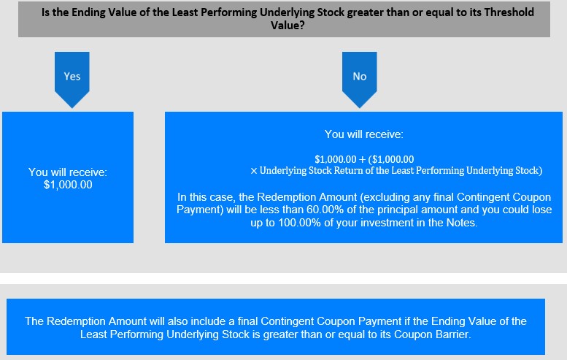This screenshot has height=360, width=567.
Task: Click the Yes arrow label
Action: pyautogui.click(x=72, y=77)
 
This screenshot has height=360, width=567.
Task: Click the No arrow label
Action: pyautogui.click(x=360, y=77)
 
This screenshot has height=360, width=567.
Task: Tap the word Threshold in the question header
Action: pyautogui.click(x=509, y=12)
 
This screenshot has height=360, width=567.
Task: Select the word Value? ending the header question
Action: pyautogui.click(x=288, y=26)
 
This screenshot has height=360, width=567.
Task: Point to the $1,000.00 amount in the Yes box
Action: pyautogui.click(x=68, y=185)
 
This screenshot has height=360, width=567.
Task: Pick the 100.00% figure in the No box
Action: pyautogui.click(x=299, y=223)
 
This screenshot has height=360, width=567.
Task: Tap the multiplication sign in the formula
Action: pyautogui.click(x=254, y=171)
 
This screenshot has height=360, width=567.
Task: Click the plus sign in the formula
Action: pyautogui.click(x=363, y=160)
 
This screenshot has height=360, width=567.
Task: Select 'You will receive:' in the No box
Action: pyautogui.click(x=364, y=134)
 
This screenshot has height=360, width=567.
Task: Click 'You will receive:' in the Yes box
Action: pyautogui.click(x=68, y=172)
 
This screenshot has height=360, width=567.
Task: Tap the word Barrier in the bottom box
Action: pyautogui.click(x=452, y=334)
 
